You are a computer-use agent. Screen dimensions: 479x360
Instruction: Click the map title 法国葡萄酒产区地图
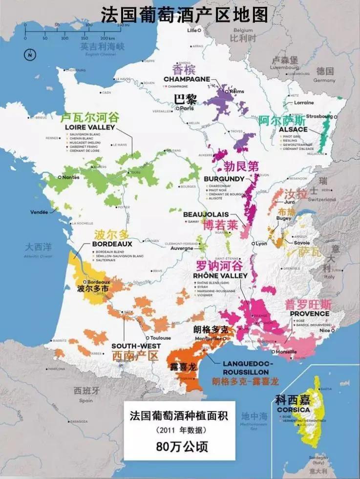pyautogui.click(x=185, y=15)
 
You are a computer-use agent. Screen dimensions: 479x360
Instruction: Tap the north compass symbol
pyautogui.click(x=30, y=55)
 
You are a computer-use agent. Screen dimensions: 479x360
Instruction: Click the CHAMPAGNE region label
pyautogui.click(x=187, y=79)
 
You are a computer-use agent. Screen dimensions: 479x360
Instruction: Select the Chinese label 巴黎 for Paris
pyautogui.click(x=186, y=99)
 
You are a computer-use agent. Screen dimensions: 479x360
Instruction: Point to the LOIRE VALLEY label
pyautogui.click(x=89, y=127)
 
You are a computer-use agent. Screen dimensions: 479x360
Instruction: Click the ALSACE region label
pyautogui.click(x=293, y=129)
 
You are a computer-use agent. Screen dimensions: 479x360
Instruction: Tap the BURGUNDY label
pyautogui.click(x=224, y=179)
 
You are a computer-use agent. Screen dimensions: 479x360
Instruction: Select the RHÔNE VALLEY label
pyautogui.click(x=221, y=276)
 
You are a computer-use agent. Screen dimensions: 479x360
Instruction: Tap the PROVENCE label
pyautogui.click(x=310, y=313)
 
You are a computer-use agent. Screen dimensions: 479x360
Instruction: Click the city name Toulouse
pyautogui.click(x=161, y=338)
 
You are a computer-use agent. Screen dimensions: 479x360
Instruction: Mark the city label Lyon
pyautogui.click(x=262, y=243)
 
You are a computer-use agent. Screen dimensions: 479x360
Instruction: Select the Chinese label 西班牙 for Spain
pyautogui.click(x=86, y=391)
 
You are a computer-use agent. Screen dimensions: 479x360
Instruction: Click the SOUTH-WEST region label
pyautogui.click(x=129, y=346)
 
